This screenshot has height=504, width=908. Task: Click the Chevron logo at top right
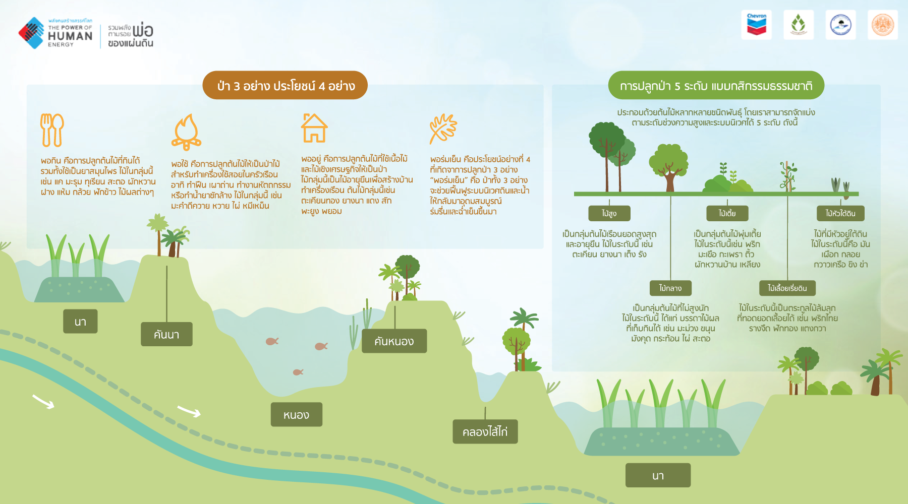(x=756, y=24)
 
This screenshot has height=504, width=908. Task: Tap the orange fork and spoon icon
(x=52, y=130)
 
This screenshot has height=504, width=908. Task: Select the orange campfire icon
(x=186, y=132)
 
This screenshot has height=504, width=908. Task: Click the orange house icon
(x=314, y=128)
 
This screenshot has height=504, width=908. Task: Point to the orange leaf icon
(x=443, y=129)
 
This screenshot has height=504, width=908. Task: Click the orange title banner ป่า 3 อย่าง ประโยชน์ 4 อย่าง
(x=285, y=85)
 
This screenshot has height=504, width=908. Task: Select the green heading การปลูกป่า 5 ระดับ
(x=716, y=85)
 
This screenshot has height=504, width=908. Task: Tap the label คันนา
(x=166, y=334)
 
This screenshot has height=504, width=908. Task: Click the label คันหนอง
(x=394, y=341)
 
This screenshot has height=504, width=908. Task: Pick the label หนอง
(x=296, y=414)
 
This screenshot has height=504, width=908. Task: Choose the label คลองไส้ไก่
(x=485, y=431)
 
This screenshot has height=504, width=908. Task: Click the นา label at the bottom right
(x=658, y=475)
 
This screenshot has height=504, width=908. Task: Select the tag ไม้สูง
(x=609, y=213)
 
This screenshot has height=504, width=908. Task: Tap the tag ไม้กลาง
(x=670, y=288)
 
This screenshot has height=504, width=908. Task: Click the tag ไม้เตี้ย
(x=727, y=213)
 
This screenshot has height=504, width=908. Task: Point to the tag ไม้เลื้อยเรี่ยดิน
(x=787, y=288)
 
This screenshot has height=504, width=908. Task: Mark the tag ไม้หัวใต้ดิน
(x=840, y=213)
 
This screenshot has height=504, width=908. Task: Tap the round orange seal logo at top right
(x=883, y=24)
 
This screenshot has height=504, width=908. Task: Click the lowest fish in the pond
(x=298, y=372)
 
